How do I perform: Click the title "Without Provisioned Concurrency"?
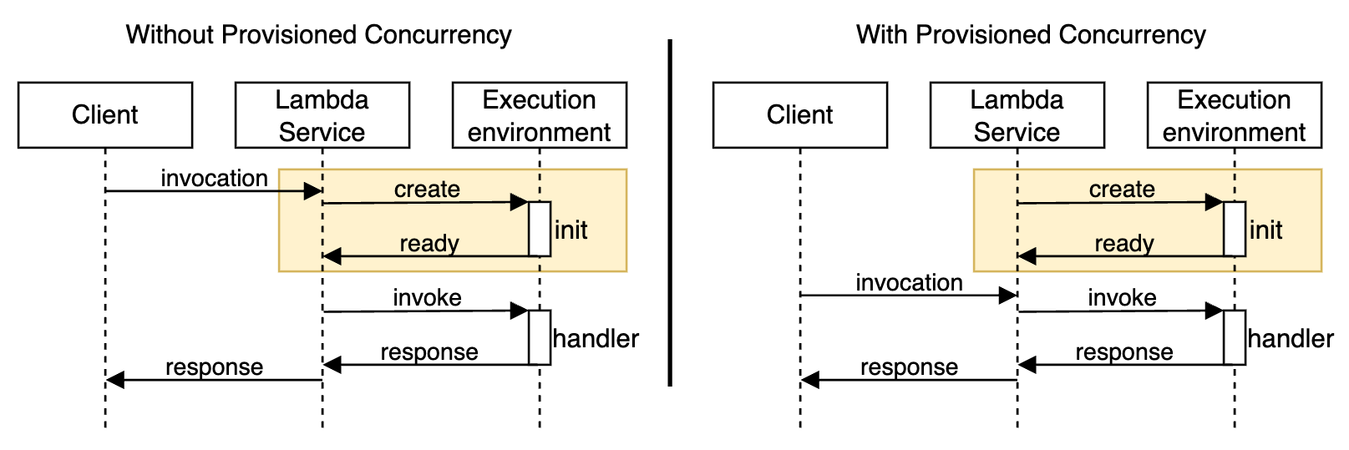click(318, 35)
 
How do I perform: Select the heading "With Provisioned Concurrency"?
click(1031, 35)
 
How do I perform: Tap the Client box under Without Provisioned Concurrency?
click(105, 115)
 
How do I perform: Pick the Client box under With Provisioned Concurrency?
click(800, 115)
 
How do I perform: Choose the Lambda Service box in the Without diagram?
click(322, 115)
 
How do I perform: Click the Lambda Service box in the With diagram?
click(1017, 115)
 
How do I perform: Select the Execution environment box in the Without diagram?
click(540, 115)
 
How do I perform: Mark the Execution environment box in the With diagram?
click(1235, 115)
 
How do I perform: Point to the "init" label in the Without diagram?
click(571, 230)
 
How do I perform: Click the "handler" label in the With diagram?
click(1291, 339)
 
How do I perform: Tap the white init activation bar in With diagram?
click(1235, 229)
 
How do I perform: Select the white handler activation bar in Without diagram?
click(540, 337)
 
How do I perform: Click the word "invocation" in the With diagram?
click(909, 283)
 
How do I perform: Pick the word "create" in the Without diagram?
click(427, 190)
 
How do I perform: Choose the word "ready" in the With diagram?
click(1124, 244)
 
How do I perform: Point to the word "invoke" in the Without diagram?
click(427, 298)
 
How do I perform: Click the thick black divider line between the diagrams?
click(670, 213)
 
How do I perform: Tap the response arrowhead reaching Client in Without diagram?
click(115, 380)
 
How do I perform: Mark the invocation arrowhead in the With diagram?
click(1008, 295)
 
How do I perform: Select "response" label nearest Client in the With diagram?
click(909, 367)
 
